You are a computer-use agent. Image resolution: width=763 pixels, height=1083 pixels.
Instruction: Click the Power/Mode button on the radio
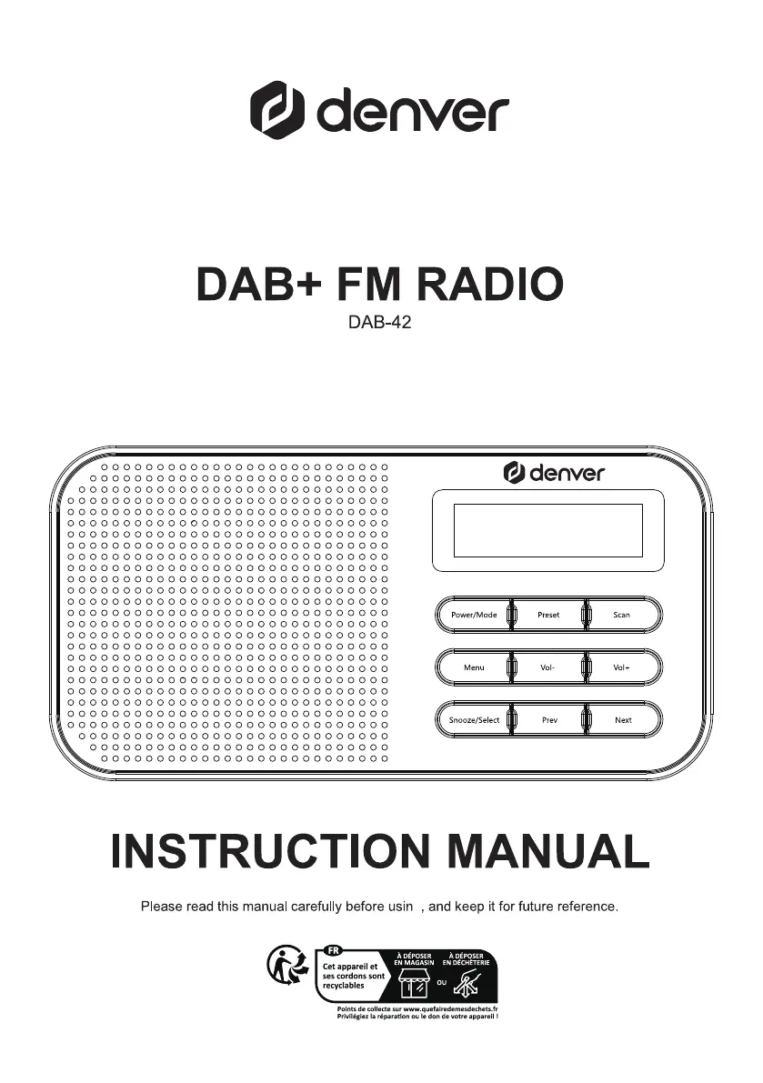(474, 615)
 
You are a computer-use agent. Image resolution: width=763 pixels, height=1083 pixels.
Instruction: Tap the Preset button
(547, 615)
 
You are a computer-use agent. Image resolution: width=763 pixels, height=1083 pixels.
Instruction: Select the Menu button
(474, 667)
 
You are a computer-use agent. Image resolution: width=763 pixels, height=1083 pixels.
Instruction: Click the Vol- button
(547, 667)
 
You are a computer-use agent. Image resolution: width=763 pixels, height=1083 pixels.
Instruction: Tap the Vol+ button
(622, 667)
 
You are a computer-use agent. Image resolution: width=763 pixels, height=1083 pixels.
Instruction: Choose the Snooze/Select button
(474, 720)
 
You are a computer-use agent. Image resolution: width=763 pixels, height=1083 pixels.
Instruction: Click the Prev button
(548, 720)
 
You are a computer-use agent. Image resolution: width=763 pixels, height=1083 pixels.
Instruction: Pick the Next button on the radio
(623, 720)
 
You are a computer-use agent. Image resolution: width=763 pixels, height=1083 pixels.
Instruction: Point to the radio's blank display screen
(547, 531)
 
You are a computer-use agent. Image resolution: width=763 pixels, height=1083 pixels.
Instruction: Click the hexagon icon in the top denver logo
(277, 110)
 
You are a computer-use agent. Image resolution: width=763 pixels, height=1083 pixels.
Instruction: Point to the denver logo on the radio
(554, 473)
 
